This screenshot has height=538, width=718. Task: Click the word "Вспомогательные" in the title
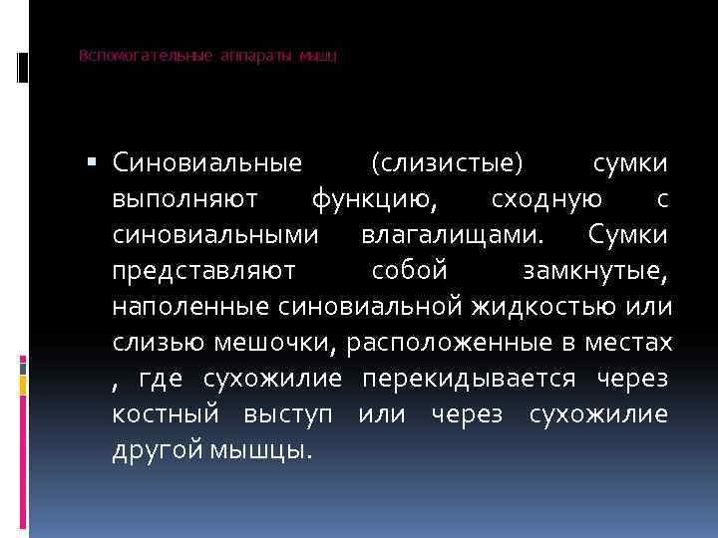point(146,56)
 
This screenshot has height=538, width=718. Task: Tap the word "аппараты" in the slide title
point(257,56)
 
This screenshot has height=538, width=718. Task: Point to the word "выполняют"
point(185,198)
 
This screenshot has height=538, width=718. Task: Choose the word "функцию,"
point(374,198)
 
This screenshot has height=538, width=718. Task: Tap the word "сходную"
point(546,198)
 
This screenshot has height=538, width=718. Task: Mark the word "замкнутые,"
point(595,271)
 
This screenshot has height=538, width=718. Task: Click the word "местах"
point(626,343)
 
